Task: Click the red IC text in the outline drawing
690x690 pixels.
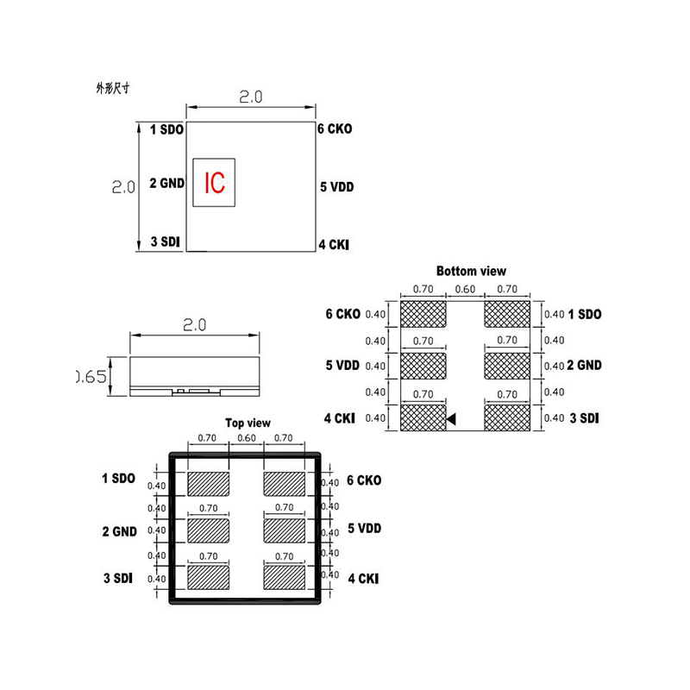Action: pyautogui.click(x=215, y=183)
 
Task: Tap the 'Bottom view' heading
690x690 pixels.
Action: pyautogui.click(x=471, y=271)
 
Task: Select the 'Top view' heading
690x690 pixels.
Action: pyautogui.click(x=248, y=423)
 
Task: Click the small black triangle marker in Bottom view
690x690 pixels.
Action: pyautogui.click(x=451, y=419)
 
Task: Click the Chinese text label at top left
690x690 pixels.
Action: pyautogui.click(x=113, y=88)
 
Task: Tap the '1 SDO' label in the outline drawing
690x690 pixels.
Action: pyautogui.click(x=166, y=129)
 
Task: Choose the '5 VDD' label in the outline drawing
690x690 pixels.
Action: pyautogui.click(x=336, y=187)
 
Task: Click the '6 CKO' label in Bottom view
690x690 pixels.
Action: pyautogui.click(x=342, y=314)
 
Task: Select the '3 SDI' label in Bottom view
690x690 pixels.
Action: pyautogui.click(x=584, y=418)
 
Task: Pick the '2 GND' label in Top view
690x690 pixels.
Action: pyautogui.click(x=119, y=531)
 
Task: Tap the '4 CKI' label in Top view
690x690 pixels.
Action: pyautogui.click(x=362, y=579)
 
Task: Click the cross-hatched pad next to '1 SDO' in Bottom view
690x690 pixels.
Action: pyautogui.click(x=506, y=313)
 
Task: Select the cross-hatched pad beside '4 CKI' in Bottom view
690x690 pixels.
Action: pyautogui.click(x=423, y=418)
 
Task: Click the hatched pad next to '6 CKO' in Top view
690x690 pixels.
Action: pyautogui.click(x=285, y=483)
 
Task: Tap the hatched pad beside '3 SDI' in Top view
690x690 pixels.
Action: pyautogui.click(x=208, y=575)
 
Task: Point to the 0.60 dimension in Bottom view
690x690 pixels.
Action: pyautogui.click(x=465, y=290)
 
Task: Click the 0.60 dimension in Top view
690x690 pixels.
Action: pyautogui.click(x=246, y=438)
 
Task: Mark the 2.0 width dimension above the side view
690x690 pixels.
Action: pyautogui.click(x=194, y=325)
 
